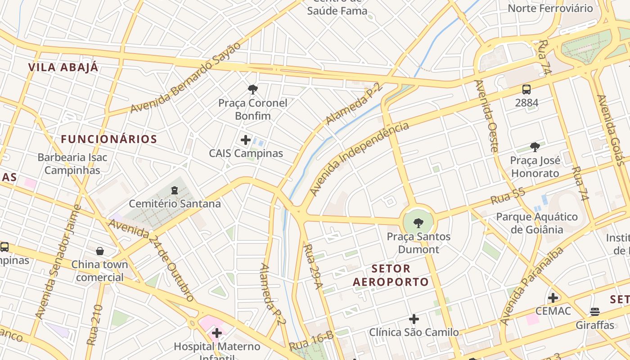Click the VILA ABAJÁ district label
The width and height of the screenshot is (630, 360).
coord(63,67)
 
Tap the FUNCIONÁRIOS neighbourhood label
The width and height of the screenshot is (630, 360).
coord(109,139)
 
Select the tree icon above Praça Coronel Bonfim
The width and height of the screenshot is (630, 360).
coord(253,90)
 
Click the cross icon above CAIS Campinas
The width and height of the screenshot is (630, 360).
coord(246,140)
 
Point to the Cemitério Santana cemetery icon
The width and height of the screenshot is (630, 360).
coord(175,190)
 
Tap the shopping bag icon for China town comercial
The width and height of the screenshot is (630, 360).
coord(100,251)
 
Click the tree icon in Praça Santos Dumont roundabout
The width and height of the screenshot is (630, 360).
coord(418,222)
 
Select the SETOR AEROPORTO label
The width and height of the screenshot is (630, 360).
coord(391,275)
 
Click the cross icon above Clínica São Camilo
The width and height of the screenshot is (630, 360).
coord(414,319)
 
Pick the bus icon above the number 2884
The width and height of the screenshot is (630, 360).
coord(526,90)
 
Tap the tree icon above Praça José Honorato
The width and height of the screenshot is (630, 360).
coord(535,147)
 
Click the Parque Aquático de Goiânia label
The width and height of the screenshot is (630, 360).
coord(536,223)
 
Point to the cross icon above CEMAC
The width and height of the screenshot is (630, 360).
coord(553,297)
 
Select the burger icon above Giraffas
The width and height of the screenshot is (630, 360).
coord(595,311)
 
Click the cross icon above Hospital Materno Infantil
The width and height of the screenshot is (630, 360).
coord(217,333)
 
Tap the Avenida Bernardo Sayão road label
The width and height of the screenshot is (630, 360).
coord(185,77)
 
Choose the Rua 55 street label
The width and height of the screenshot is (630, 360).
coord(508,196)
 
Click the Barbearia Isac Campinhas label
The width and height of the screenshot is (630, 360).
coord(72,164)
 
